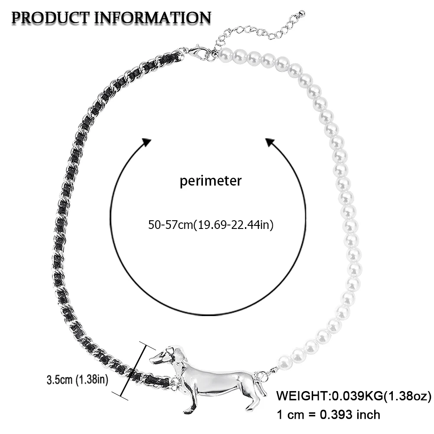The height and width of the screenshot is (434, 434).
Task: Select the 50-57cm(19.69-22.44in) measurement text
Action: coord(211,225)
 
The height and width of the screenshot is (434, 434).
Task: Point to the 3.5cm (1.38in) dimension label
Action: coord(77,380)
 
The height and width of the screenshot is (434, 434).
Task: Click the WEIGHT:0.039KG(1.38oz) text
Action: coord(354,396)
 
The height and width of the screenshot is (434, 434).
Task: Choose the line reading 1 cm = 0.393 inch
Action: coord(328,414)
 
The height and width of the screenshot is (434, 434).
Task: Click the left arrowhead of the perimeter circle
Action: coord(146,143)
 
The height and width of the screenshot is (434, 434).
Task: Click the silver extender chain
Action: coord(251,31)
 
